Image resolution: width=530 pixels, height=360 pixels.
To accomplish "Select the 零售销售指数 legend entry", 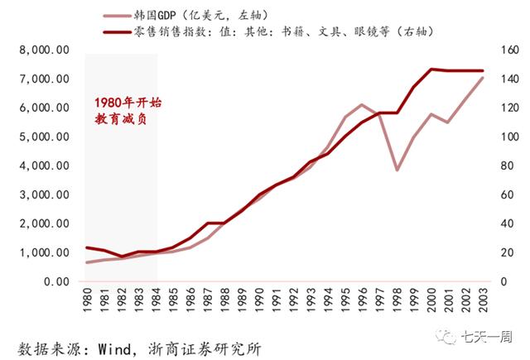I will tap(273, 31).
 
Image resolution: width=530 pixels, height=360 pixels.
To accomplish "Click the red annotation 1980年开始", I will tap(127, 103).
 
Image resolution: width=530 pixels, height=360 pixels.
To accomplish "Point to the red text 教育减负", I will tap(126, 120).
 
